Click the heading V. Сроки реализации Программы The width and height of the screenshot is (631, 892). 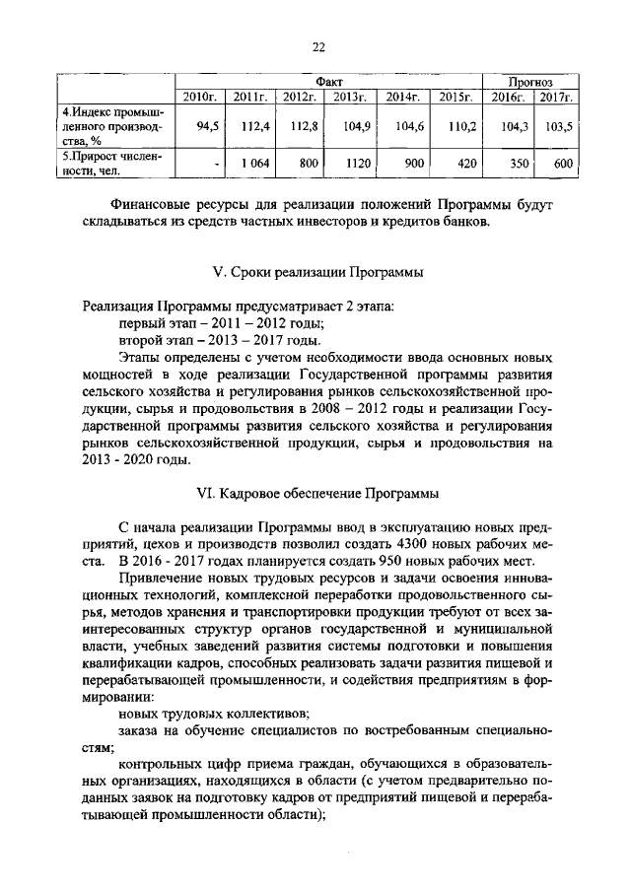coord(317,272)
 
